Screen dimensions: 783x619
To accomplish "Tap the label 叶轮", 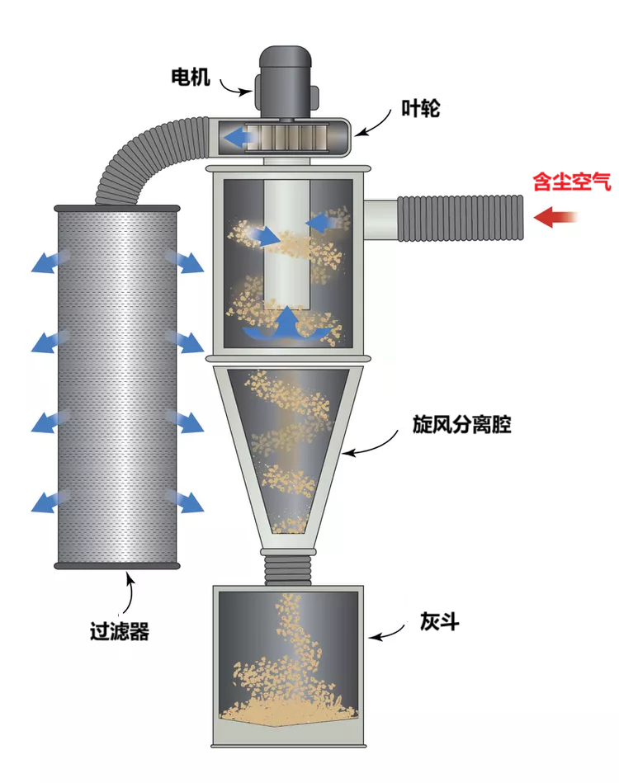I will tap(420, 108).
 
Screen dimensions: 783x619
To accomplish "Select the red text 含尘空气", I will tap(572, 182).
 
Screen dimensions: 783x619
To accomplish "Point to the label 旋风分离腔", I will tap(462, 425).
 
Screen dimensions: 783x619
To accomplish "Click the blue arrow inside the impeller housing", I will tap(243, 137).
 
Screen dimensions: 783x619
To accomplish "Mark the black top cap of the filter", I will tap(116, 207).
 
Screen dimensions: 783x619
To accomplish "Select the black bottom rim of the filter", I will tap(116, 565).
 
